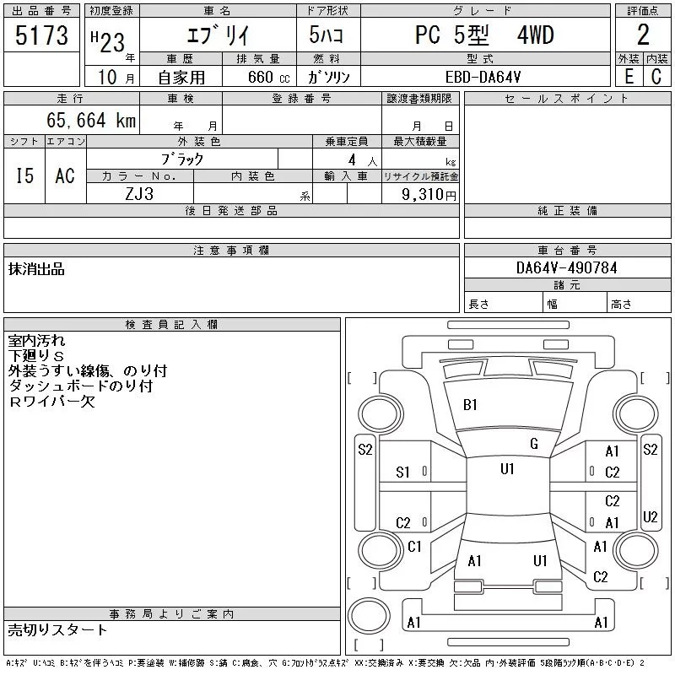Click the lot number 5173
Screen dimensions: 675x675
41,35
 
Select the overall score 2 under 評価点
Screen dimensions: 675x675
643,35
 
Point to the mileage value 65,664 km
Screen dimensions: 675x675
91,120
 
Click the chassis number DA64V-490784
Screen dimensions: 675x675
566,267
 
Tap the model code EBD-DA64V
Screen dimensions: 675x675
483,77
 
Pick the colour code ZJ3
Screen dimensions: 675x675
139,194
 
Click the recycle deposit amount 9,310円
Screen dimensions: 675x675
429,195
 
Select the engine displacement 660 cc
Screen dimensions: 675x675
268,77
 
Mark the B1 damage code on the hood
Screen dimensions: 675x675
470,405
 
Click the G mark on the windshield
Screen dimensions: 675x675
534,444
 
